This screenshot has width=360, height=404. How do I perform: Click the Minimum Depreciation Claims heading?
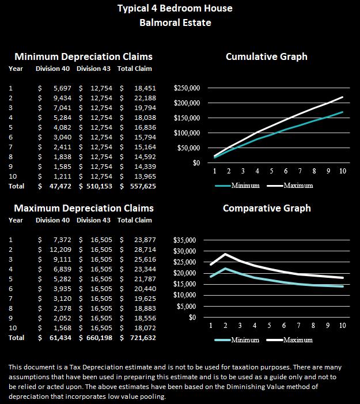tap(84, 56)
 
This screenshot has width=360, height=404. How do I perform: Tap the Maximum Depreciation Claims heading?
tap(84, 207)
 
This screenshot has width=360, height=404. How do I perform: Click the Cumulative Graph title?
tap(267, 56)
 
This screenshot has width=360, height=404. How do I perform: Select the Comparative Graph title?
tap(267, 208)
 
